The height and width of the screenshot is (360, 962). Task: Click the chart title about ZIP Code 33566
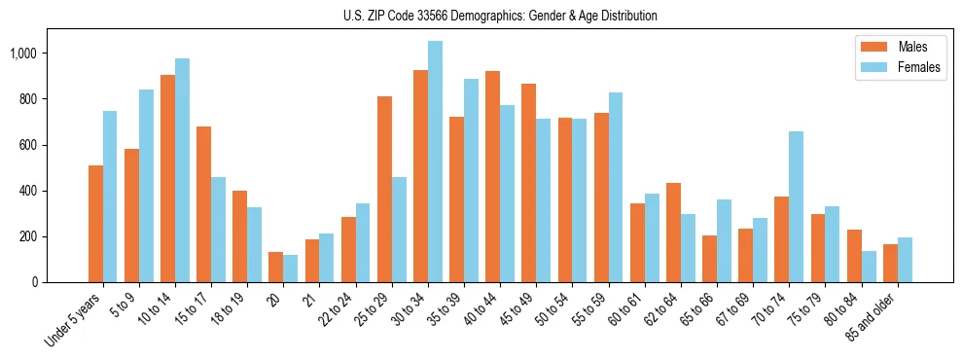coord(500,16)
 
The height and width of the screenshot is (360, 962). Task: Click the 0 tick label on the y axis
coord(38,282)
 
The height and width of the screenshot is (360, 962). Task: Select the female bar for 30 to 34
coord(435,162)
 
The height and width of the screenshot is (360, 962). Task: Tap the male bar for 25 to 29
coord(384,189)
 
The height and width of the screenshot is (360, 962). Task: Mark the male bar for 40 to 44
coord(492,176)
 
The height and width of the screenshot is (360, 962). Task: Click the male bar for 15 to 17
coord(203,204)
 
